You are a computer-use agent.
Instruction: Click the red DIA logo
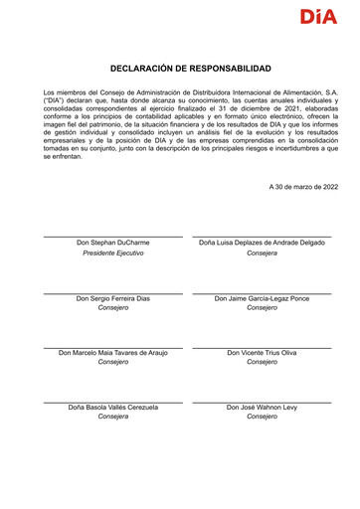[318, 17]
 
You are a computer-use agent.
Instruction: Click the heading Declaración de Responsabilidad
[190, 68]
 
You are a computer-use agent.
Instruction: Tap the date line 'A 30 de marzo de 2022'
[302, 187]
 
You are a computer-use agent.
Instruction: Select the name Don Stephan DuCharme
[113, 243]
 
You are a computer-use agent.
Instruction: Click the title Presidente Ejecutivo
[113, 254]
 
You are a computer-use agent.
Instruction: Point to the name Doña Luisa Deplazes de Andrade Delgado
[262, 243]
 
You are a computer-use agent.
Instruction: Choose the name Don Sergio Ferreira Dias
[113, 298]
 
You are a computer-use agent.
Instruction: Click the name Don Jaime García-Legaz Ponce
[262, 298]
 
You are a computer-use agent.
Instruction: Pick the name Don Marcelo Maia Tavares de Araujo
[113, 353]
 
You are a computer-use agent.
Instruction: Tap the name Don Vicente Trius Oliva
[262, 353]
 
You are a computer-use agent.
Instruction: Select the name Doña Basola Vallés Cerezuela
[113, 408]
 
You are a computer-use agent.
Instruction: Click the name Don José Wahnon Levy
[262, 408]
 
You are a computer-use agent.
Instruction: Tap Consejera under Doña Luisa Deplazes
[262, 254]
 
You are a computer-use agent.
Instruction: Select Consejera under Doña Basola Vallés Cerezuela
[113, 418]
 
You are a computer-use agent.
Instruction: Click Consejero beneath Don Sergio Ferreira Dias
[113, 308]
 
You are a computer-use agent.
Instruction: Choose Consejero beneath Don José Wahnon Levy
[262, 418]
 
